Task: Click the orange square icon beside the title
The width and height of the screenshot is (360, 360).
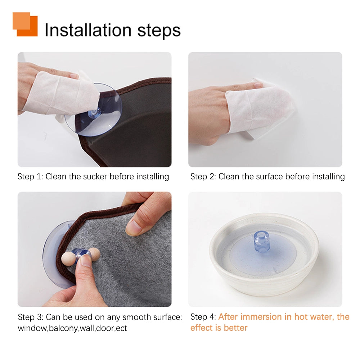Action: (x=25, y=24)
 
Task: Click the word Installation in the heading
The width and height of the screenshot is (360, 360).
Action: (x=88, y=30)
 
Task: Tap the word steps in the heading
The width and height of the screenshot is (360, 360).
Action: (x=159, y=31)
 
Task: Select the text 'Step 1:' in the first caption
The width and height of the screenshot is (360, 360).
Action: (x=30, y=176)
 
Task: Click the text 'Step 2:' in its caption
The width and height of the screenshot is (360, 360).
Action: (x=203, y=176)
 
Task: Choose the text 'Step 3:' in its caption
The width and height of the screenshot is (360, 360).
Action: (x=31, y=317)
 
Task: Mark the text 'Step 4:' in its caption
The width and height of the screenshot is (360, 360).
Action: (x=203, y=317)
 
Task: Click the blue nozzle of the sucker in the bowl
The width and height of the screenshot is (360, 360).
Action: (x=261, y=242)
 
